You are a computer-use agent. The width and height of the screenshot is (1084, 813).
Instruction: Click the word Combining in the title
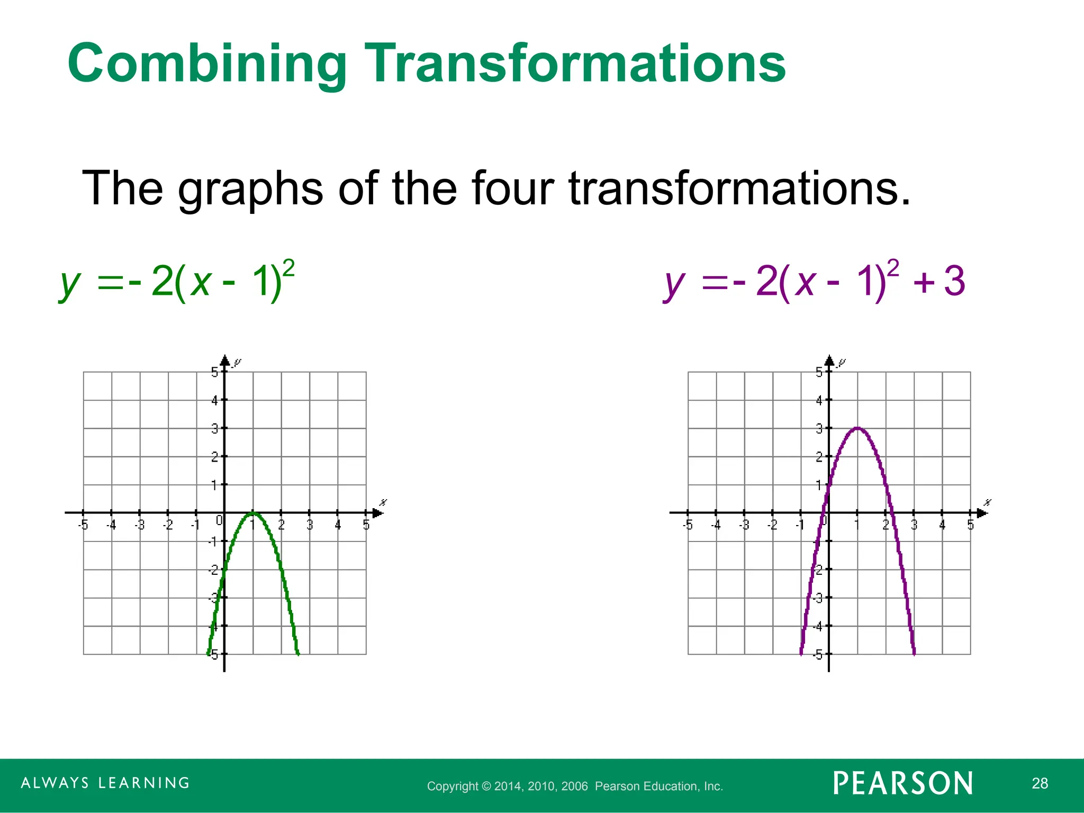tap(207, 65)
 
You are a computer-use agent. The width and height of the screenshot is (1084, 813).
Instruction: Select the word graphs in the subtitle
tap(250, 189)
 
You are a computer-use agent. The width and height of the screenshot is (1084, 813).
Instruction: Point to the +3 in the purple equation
tap(940, 282)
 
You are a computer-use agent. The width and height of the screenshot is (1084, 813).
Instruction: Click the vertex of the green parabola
tap(253, 512)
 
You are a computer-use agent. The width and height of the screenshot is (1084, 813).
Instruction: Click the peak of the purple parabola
tap(857, 428)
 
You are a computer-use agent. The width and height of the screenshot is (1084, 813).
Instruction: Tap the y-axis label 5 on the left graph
tap(214, 372)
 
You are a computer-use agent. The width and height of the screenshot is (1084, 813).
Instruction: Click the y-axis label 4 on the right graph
tap(819, 401)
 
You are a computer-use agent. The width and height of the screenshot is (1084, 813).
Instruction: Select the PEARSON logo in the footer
tap(903, 783)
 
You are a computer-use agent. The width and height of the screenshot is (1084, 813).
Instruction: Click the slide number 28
tap(1040, 783)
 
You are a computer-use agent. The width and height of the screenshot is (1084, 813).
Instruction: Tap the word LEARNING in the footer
tap(144, 783)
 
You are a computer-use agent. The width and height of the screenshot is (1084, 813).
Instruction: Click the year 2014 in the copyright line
tap(508, 787)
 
